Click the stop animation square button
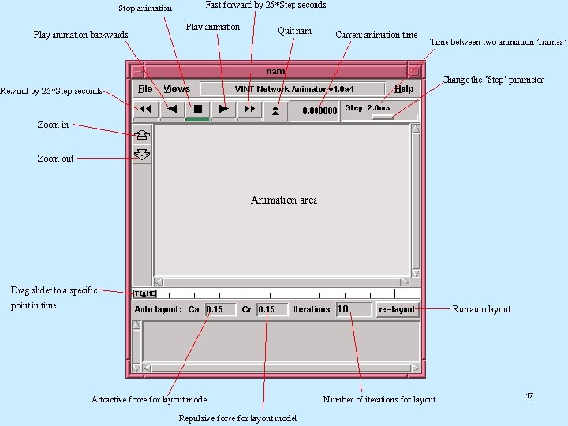[198, 110]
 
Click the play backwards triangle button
[172, 110]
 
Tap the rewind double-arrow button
[146, 110]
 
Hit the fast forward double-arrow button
[249, 110]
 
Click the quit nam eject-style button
[275, 110]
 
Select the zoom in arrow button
[142, 135]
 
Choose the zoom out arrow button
[142, 155]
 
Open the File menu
[145, 89]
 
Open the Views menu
[177, 89]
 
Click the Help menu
[403, 89]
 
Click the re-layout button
[397, 309]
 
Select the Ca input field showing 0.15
[220, 309]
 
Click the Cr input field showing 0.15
[272, 309]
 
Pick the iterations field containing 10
[353, 309]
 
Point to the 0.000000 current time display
[319, 110]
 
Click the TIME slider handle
[144, 293]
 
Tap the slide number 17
[529, 395]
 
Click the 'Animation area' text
[284, 200]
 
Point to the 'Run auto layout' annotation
[481, 309]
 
